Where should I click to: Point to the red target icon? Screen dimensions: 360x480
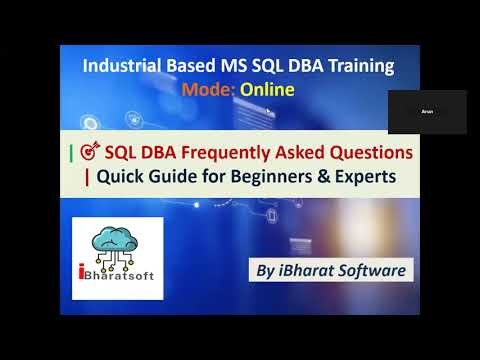pyautogui.click(x=89, y=154)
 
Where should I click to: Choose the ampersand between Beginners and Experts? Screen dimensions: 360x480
pyautogui.click(x=297, y=177)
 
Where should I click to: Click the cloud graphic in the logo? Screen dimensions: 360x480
pyautogui.click(x=117, y=236)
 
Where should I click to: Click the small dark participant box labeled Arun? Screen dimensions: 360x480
pyautogui.click(x=426, y=111)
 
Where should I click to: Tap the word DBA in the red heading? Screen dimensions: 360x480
pyautogui.click(x=156, y=154)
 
